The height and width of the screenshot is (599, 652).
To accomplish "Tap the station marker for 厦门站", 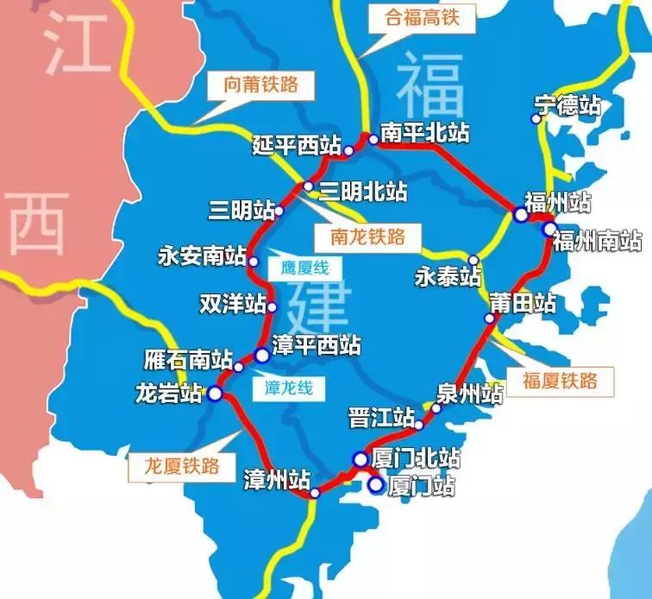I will (376, 485).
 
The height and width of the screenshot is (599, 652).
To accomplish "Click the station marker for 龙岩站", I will (215, 394).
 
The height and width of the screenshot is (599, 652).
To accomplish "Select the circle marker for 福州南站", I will (549, 229).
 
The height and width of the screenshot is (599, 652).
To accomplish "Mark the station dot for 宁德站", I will (536, 119).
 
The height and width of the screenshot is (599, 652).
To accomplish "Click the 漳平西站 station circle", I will (262, 354).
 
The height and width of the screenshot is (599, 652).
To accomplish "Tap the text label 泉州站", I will (470, 394).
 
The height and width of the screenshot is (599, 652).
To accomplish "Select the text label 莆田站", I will (522, 303).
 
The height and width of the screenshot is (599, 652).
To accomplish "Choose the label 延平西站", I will (297, 144).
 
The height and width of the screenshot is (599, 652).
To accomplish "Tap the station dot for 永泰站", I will (473, 260).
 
